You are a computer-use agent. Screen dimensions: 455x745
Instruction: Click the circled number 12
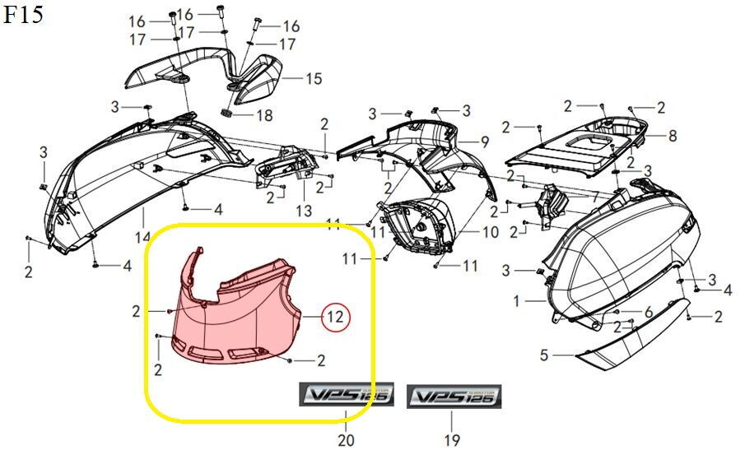335,316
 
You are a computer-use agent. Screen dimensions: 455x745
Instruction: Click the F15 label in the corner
24,16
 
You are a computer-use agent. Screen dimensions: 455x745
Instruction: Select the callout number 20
346,440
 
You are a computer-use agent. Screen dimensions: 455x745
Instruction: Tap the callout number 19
452,440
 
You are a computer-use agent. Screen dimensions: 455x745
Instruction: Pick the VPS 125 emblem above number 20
346,396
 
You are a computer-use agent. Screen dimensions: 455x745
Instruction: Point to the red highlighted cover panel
239,313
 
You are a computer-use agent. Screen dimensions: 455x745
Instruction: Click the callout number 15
314,79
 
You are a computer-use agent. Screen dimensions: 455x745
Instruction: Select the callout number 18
263,116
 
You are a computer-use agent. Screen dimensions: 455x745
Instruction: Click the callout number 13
304,211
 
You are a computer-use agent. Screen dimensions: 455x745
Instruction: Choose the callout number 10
490,233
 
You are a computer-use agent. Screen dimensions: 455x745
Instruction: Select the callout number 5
543,356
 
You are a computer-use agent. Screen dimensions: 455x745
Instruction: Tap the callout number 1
517,302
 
